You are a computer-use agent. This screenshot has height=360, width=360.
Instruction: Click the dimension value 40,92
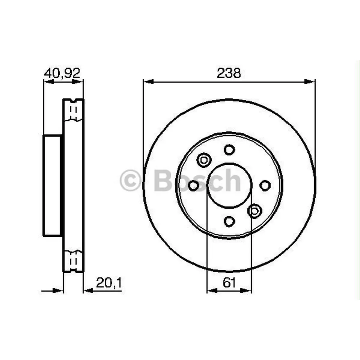click(62, 73)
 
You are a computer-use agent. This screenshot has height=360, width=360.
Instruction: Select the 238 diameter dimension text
click(229, 73)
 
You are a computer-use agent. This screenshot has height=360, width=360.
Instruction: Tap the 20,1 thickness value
click(109, 283)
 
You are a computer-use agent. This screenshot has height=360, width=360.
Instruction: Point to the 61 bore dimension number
click(229, 283)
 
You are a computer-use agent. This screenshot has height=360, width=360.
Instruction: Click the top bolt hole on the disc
click(229, 149)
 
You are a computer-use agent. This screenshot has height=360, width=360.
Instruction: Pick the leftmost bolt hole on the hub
click(194, 186)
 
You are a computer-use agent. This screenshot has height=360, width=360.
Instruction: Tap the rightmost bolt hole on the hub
click(265, 186)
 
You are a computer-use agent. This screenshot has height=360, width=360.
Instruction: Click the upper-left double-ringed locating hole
click(204, 159)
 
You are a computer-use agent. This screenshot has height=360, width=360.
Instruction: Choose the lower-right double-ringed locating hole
click(255, 211)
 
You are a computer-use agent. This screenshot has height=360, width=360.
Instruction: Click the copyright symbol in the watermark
click(130, 180)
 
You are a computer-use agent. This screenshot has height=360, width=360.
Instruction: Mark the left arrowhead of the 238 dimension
click(148, 82)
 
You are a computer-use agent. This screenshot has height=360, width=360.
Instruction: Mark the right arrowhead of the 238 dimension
click(311, 82)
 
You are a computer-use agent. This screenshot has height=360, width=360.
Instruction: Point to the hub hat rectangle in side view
click(53, 186)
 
